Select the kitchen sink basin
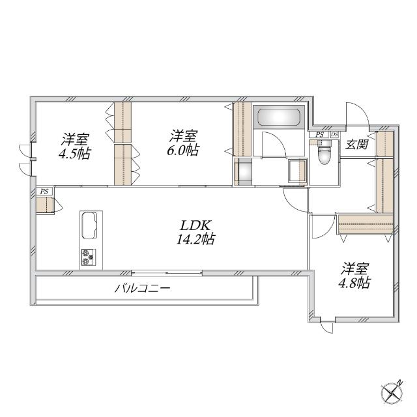[89, 225]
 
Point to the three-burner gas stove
[89, 257]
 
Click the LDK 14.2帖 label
[196, 233]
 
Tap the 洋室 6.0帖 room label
[183, 143]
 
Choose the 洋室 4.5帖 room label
[75, 146]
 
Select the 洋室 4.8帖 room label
[354, 276]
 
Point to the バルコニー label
[142, 289]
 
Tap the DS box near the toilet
[334, 135]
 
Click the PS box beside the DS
[319, 135]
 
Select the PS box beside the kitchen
[45, 191]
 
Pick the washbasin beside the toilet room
[297, 170]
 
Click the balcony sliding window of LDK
[167, 273]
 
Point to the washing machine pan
[243, 171]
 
